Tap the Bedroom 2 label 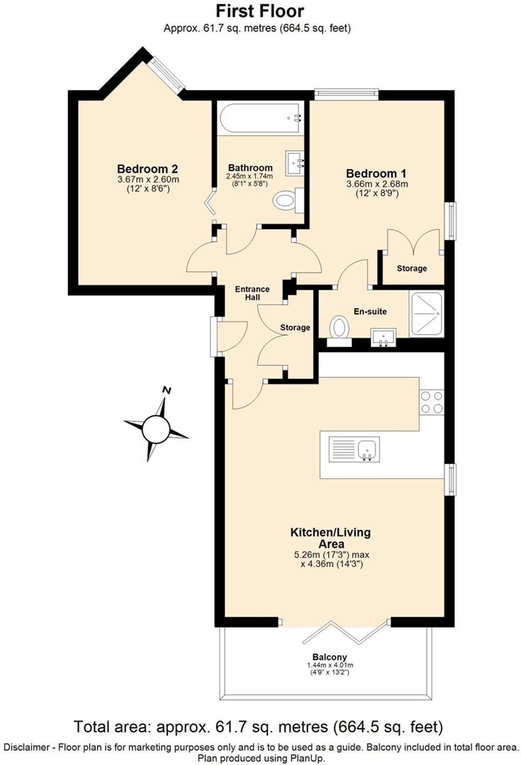[147, 169]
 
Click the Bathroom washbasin [296, 163]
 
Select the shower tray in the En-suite [427, 307]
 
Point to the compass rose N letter [167, 390]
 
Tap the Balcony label [330, 657]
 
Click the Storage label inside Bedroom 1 [412, 268]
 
